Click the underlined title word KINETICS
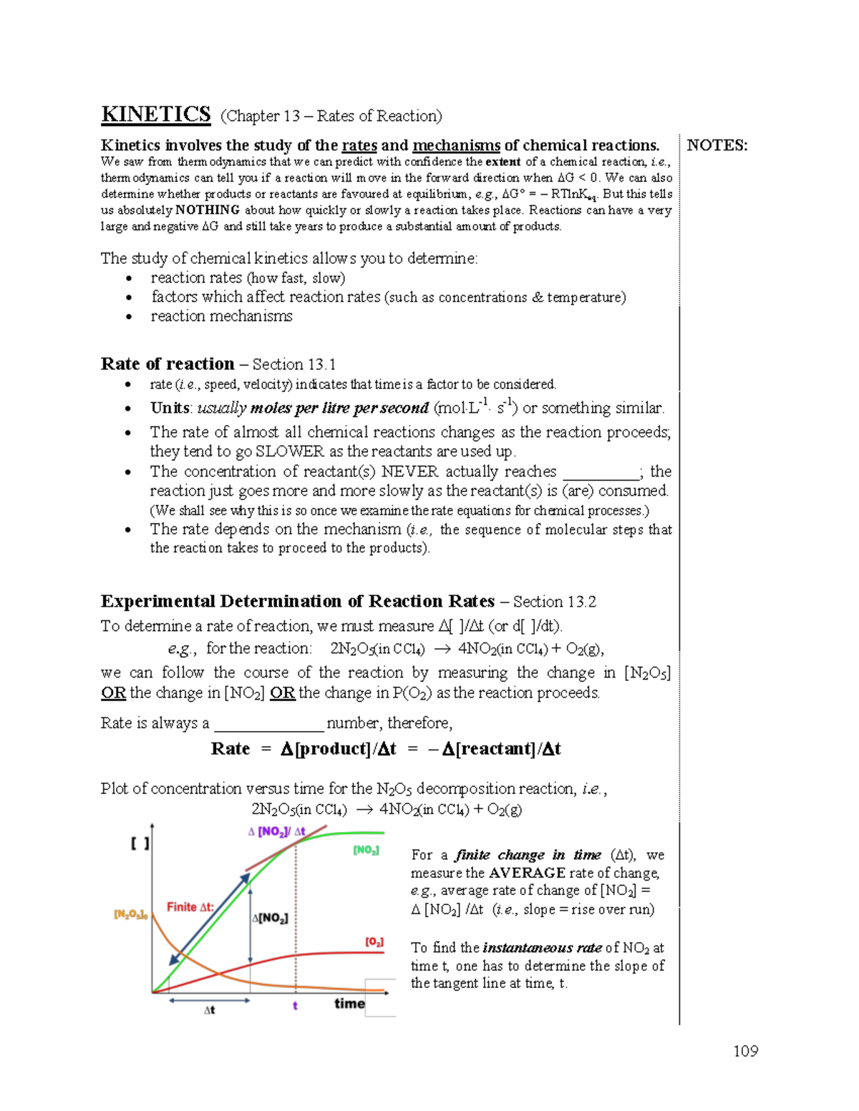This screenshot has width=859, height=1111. [155, 114]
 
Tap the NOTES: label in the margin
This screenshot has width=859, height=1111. [717, 146]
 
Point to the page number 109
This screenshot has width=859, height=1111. [745, 1051]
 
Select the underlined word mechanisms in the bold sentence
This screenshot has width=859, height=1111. [456, 146]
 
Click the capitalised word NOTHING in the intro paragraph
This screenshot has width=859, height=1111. [208, 210]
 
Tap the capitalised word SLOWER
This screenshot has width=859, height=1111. [289, 452]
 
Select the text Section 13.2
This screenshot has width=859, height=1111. [554, 602]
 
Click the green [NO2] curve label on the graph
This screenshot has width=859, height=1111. [366, 850]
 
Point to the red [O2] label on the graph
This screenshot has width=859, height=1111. [374, 942]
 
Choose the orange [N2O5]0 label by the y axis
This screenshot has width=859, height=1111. [131, 914]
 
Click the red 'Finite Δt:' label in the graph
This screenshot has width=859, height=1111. [190, 907]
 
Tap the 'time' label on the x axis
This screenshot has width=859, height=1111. [349, 1004]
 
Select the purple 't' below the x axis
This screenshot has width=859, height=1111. [295, 1006]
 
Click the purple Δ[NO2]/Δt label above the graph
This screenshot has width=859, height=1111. [276, 831]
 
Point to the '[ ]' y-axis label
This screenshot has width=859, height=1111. [140, 844]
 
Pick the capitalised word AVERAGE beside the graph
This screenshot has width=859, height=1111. [527, 873]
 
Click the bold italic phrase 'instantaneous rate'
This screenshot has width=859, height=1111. [542, 948]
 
